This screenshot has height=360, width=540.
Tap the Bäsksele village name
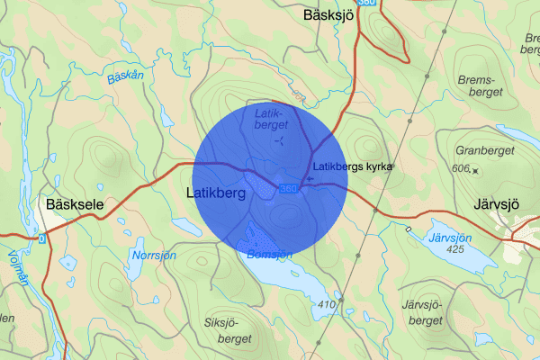point(75,205)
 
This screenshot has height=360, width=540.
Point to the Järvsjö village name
point(496,203)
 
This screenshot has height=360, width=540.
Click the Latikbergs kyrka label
point(354,166)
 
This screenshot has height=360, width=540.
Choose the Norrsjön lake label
point(152,256)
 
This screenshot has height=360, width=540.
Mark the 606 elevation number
point(463,169)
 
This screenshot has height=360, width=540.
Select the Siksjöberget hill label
point(229,325)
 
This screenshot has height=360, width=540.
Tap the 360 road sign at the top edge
point(366,4)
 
